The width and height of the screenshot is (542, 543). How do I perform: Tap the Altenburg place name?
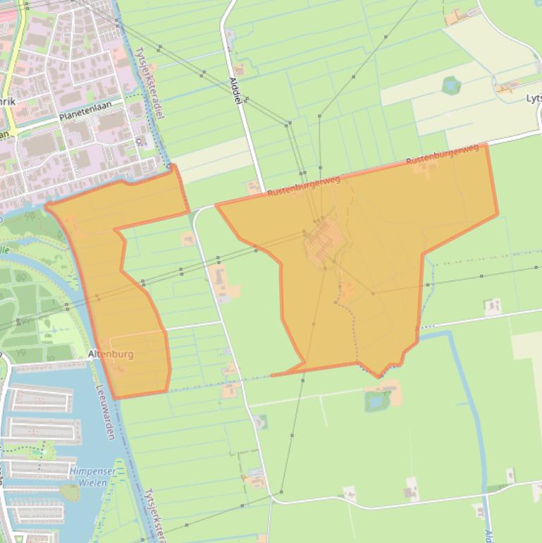click(111, 354)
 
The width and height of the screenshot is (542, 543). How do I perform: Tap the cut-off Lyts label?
click(534, 99)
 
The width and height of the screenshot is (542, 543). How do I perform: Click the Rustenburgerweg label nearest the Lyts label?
click(443, 155)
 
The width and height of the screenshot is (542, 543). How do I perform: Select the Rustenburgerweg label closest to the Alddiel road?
click(304, 186)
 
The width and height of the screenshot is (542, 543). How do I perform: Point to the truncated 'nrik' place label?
click(7, 102)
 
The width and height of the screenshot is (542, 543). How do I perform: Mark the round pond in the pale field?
click(451, 86)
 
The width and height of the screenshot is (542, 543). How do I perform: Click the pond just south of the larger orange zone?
click(374, 401)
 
